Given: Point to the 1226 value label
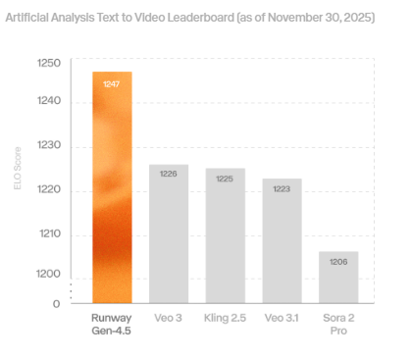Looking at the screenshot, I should click(169, 175).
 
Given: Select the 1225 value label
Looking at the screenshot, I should click(225, 179).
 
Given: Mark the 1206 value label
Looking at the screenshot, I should click(338, 262).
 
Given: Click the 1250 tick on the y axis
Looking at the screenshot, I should click(49, 64).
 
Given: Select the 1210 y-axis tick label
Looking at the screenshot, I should click(49, 233).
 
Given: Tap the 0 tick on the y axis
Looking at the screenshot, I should click(57, 303).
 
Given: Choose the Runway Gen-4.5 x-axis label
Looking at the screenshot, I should click(111, 325).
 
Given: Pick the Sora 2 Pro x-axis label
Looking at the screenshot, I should click(338, 325).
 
